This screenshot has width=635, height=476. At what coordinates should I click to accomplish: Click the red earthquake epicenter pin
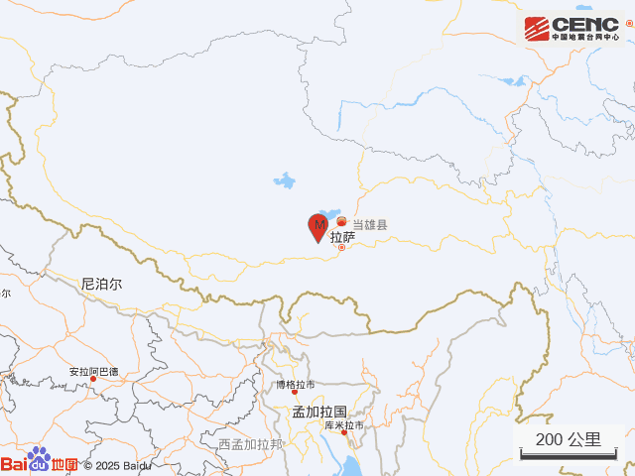coord(318,227)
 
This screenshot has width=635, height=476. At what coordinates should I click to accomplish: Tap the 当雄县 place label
coord(369,225)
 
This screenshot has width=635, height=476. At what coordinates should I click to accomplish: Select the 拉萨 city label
coord(342,238)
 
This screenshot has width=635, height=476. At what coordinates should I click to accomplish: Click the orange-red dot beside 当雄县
coord(342,221)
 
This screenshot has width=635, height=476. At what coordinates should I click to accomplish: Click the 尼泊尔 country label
coord(101,284)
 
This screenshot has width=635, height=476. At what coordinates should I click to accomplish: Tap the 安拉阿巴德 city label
coord(93,372)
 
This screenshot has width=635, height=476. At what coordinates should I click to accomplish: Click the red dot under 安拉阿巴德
coord(94,380)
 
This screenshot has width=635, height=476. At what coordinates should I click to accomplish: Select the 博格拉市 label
coord(295,384)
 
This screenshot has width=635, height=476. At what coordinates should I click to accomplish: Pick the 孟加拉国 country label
coord(318,411)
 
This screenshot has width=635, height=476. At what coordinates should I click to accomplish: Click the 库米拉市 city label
coord(343,425)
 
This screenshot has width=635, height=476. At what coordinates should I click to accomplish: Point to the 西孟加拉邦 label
coord(250,444)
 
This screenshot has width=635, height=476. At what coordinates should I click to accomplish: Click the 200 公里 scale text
coord(568,439)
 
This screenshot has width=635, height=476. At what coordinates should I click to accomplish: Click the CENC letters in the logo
coord(585,24)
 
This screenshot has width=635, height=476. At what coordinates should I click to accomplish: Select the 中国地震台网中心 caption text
coord(586,39)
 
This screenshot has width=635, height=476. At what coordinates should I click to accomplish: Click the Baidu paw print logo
coord(39,459)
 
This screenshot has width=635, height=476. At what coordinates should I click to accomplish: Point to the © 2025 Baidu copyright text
coord(117,465)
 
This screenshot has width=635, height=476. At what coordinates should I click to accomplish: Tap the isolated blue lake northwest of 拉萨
coord(285,181)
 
